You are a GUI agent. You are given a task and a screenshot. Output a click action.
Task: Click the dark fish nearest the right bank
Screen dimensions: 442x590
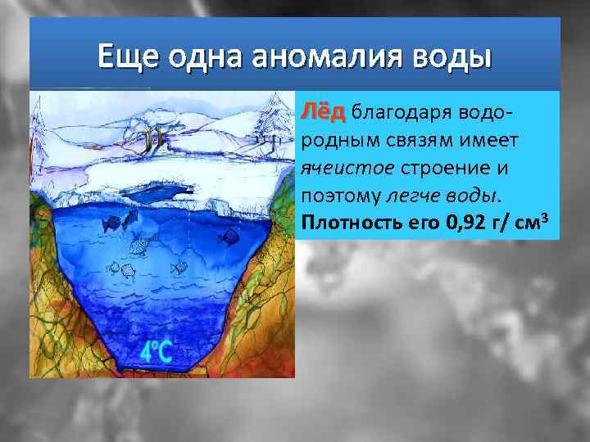(x=230, y=237)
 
